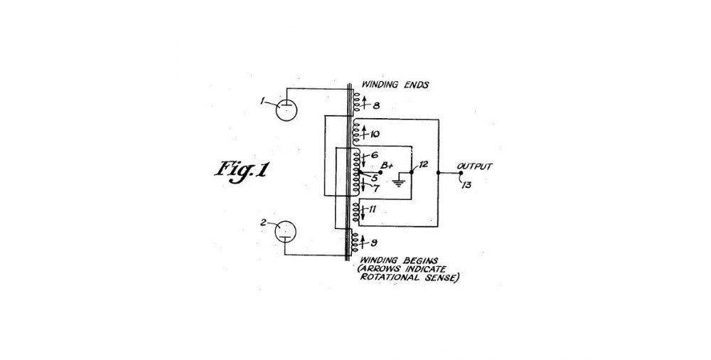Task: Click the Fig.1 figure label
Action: (241, 171)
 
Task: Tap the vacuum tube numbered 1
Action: (287, 110)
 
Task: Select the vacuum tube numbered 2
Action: (285, 231)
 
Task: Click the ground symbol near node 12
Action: (398, 182)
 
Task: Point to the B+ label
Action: (387, 166)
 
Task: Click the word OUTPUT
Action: (474, 166)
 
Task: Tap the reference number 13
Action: (466, 185)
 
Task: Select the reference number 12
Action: (423, 164)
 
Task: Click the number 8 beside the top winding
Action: (376, 106)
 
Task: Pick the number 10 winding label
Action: (375, 134)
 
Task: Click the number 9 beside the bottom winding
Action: (374, 243)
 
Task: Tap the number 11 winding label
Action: (373, 209)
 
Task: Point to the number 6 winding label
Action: (375, 155)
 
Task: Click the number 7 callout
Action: (376, 189)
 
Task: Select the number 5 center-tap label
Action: (374, 177)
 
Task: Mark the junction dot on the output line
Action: (438, 173)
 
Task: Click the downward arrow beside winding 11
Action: (363, 212)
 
